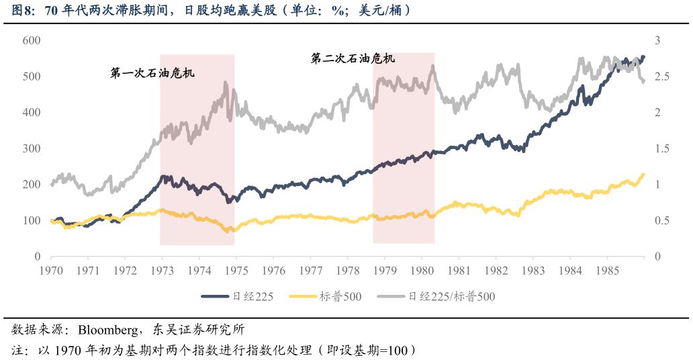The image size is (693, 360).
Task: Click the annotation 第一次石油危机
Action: click(152, 73)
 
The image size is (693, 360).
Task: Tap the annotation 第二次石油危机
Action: click(353, 59)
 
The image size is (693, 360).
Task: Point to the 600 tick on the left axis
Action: click(32, 40)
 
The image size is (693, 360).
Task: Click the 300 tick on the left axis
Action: click(32, 148)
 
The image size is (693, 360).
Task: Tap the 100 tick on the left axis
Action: click(32, 220)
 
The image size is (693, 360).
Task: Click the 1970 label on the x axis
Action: click(51, 271)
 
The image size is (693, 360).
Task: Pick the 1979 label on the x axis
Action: click(385, 271)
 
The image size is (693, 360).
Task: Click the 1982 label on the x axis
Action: click(496, 271)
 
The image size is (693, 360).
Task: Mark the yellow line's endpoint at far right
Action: click(643, 175)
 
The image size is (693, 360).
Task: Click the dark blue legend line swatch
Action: click(215, 296)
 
